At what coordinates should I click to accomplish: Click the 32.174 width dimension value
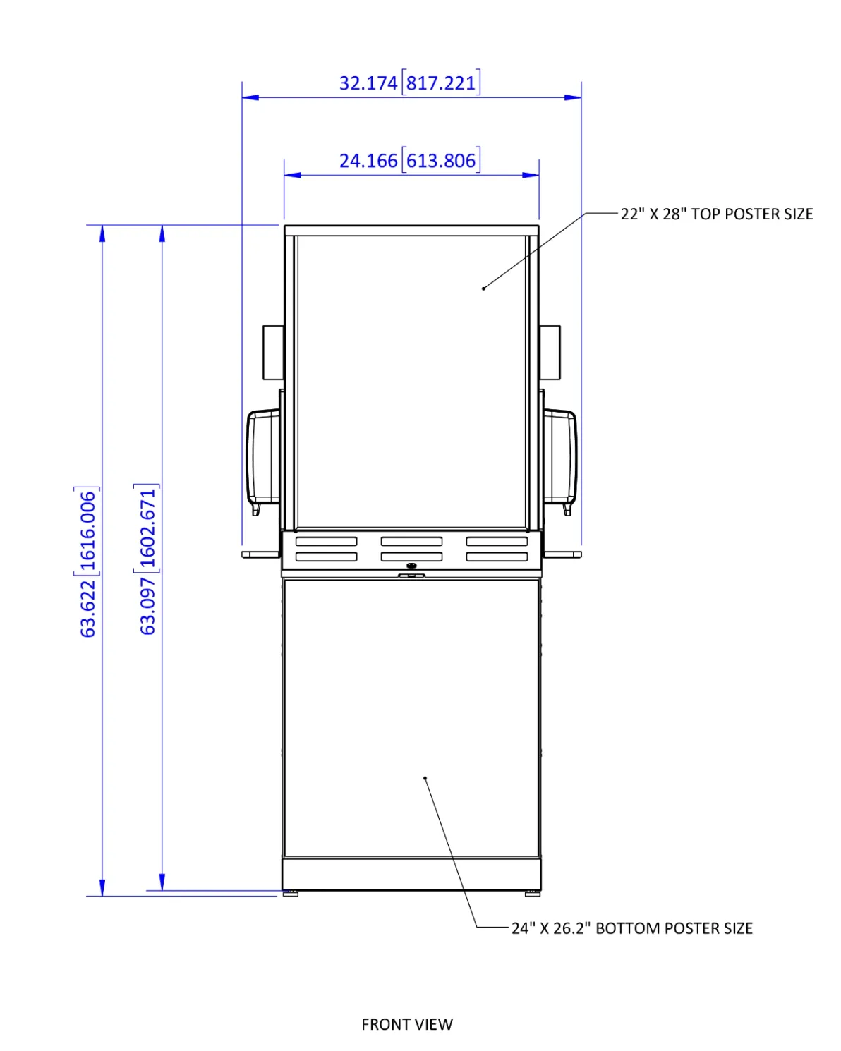368,83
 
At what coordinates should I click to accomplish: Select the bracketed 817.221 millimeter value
441,83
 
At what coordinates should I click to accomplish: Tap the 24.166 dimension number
368,161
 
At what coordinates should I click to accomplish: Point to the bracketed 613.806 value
441,161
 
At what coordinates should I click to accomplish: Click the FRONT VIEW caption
407,1024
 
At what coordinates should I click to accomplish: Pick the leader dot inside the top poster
483,288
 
